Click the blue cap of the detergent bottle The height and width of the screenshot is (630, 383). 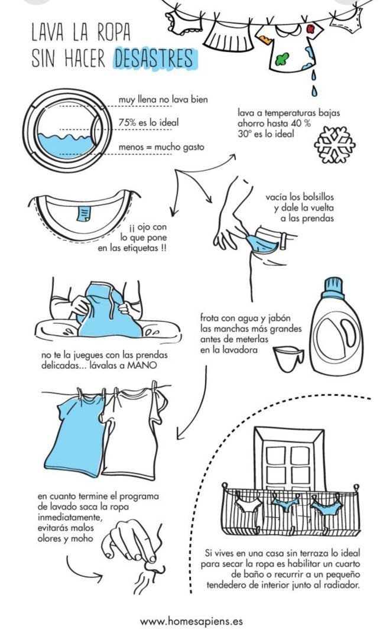333,287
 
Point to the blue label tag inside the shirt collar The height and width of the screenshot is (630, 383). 84,213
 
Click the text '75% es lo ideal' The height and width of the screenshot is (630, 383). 148,122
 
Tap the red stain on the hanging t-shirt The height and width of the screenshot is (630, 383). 310,28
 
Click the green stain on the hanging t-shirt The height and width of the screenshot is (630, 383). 283,59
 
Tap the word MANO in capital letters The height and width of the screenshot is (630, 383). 142,366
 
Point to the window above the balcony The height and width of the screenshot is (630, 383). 289,459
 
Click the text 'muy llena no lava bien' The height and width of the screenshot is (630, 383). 163,99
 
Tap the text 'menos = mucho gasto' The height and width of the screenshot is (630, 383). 161,147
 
